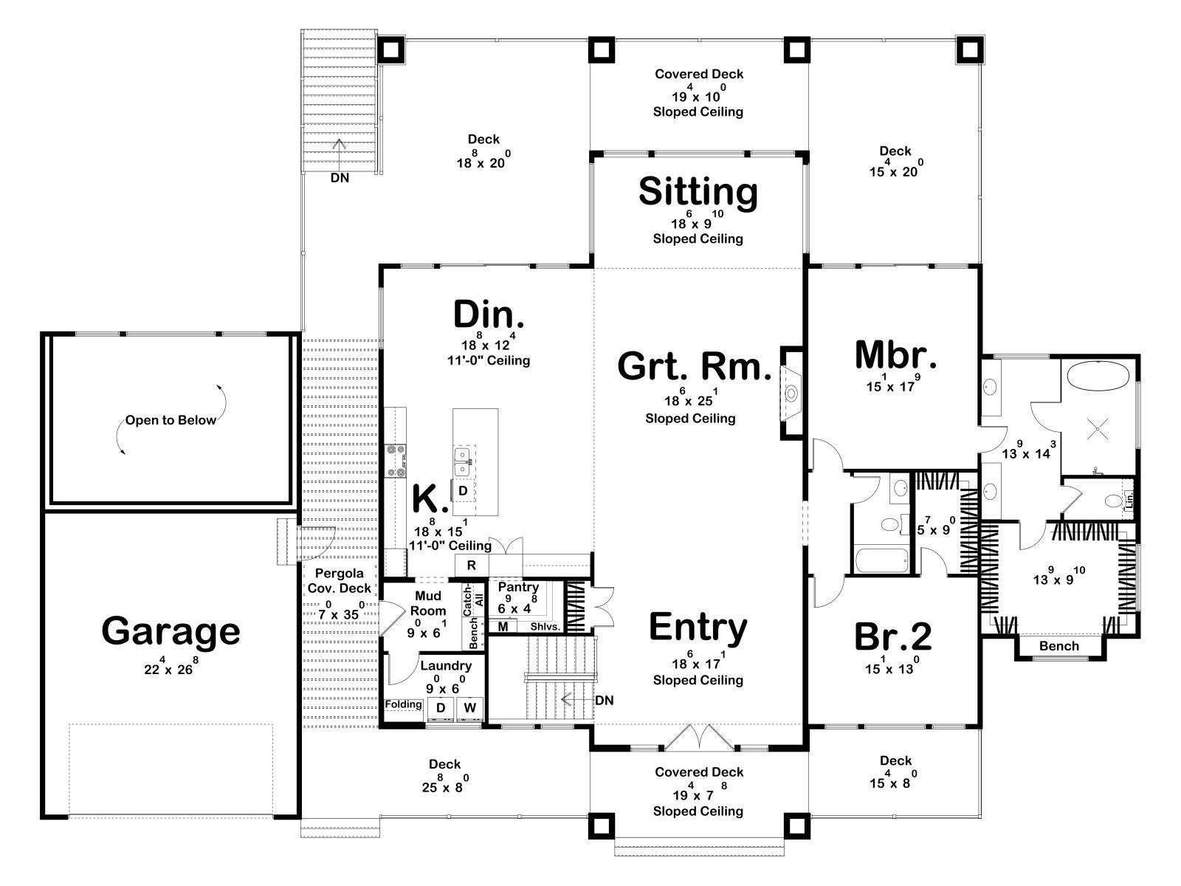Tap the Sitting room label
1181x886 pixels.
tap(698, 192)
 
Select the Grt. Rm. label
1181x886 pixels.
tap(694, 366)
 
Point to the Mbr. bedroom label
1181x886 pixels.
tap(895, 355)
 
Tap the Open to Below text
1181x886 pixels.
tap(171, 420)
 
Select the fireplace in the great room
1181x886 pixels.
tap(792, 394)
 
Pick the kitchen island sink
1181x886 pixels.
tap(462, 463)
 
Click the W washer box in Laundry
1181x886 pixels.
tap(469, 708)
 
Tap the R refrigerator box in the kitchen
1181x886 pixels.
tap(472, 566)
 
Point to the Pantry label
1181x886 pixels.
tap(518, 587)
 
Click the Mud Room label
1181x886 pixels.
tap(428, 603)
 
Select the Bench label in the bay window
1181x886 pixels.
tap(1059, 646)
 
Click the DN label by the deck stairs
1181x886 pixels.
tap(340, 177)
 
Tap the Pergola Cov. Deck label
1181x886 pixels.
tap(339, 581)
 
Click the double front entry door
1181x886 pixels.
tap(698, 738)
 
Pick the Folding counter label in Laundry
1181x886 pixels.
tap(404, 704)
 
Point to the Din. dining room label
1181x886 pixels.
tap(489, 315)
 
